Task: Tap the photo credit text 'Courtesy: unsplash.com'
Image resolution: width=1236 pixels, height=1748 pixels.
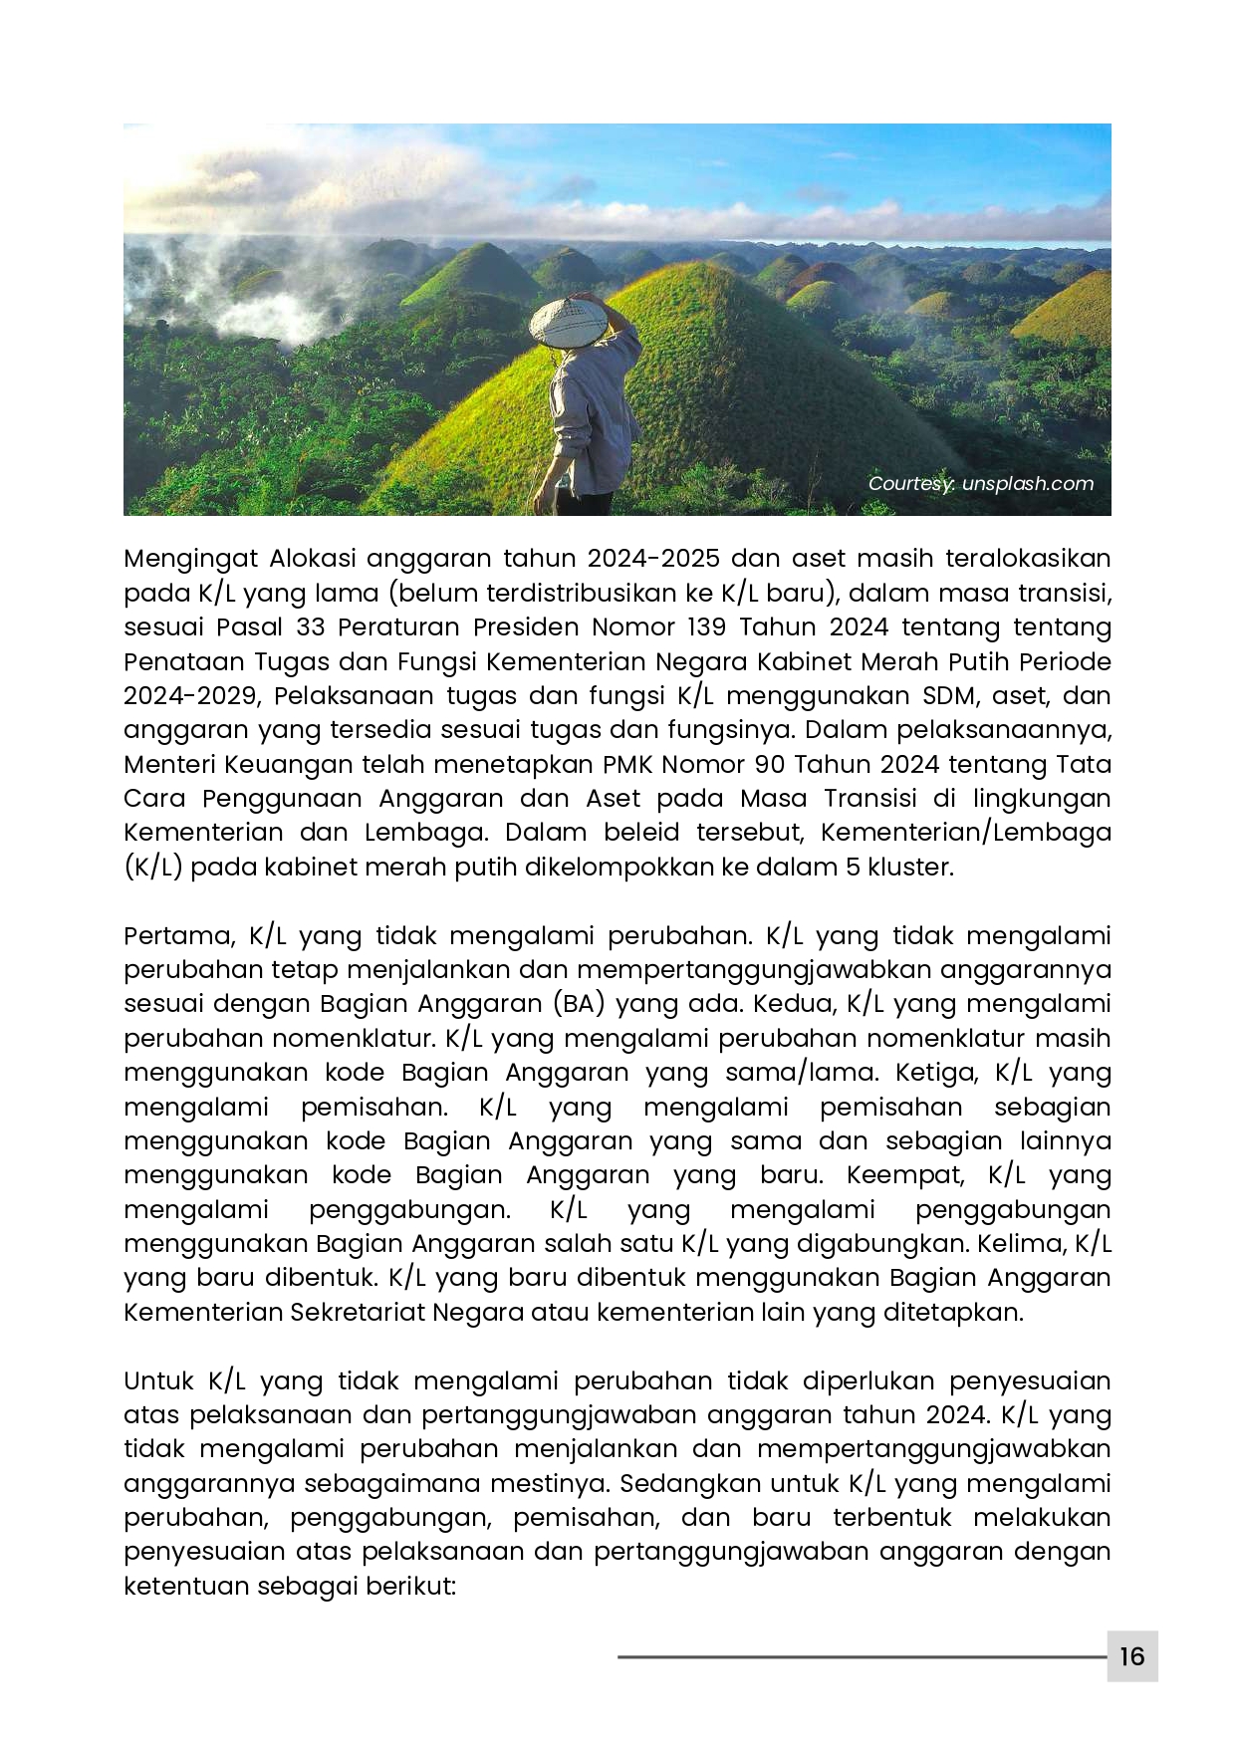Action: [980, 484]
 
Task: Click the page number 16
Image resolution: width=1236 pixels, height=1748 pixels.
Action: [1131, 1656]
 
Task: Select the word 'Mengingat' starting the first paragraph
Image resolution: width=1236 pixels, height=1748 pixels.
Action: [190, 559]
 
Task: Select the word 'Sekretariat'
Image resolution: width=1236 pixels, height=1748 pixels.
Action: [358, 1312]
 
